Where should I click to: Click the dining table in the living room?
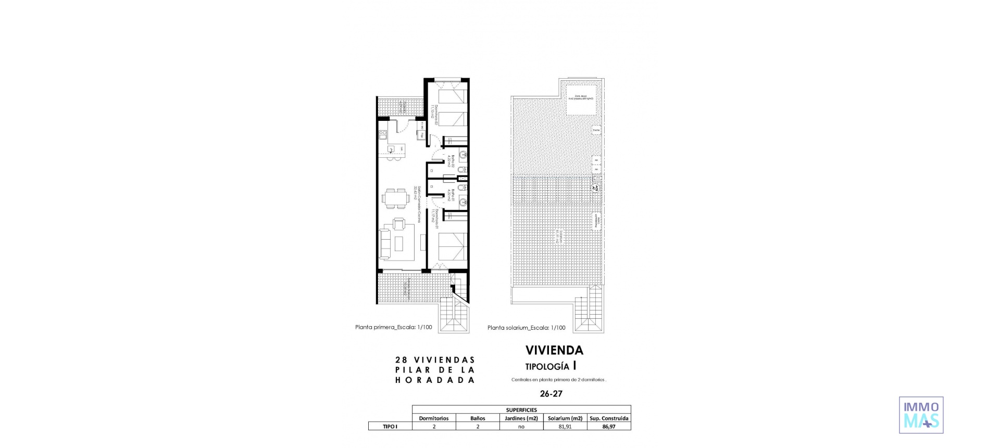click(392, 198)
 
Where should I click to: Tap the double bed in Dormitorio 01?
click(452, 247)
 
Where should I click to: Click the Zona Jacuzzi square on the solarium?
click(581, 100)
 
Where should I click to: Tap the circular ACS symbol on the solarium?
click(595, 188)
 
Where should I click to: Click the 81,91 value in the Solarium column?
click(565, 426)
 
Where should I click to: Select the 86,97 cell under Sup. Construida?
click(609, 426)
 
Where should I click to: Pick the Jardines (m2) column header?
click(521, 418)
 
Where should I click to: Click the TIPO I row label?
click(390, 426)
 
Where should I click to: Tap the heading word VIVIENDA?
click(554, 350)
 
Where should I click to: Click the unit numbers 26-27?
click(551, 394)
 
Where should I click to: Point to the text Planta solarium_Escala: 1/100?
click(526, 328)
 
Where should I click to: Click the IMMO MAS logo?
click(921, 415)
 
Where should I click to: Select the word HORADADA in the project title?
click(435, 380)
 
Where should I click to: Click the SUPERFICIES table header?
click(521, 409)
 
